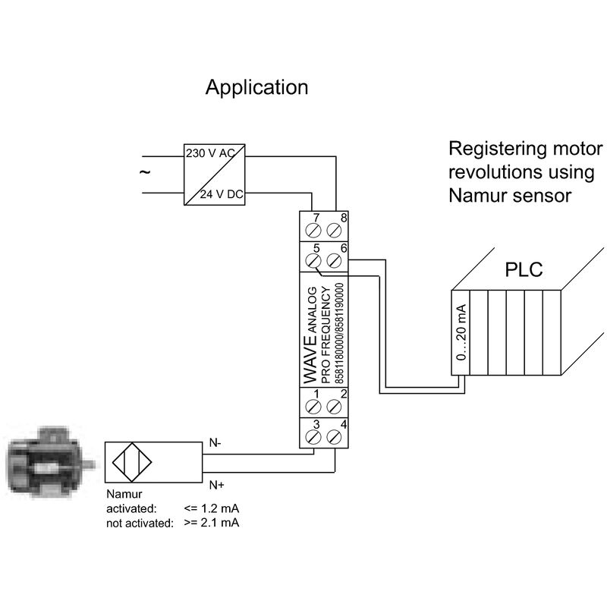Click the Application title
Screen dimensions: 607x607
point(256,88)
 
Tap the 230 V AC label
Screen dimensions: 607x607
point(210,153)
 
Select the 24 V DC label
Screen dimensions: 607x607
point(222,194)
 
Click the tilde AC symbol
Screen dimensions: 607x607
point(145,172)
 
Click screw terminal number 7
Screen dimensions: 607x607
point(313,231)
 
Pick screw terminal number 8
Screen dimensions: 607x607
point(334,231)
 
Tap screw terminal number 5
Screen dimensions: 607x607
point(313,260)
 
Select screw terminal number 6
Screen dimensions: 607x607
point(334,260)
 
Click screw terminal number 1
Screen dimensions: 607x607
point(313,407)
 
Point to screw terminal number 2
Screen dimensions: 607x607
point(334,407)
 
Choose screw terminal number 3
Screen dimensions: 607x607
point(313,437)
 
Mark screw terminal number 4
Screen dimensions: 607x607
point(334,437)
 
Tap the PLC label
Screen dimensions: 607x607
point(524,270)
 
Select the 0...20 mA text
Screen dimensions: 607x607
point(461,332)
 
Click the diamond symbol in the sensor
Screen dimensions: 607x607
point(132,462)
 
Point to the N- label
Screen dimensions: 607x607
point(215,442)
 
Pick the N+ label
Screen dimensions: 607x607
point(217,485)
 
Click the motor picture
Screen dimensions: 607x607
point(50,462)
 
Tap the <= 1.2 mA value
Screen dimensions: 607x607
point(212,508)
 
